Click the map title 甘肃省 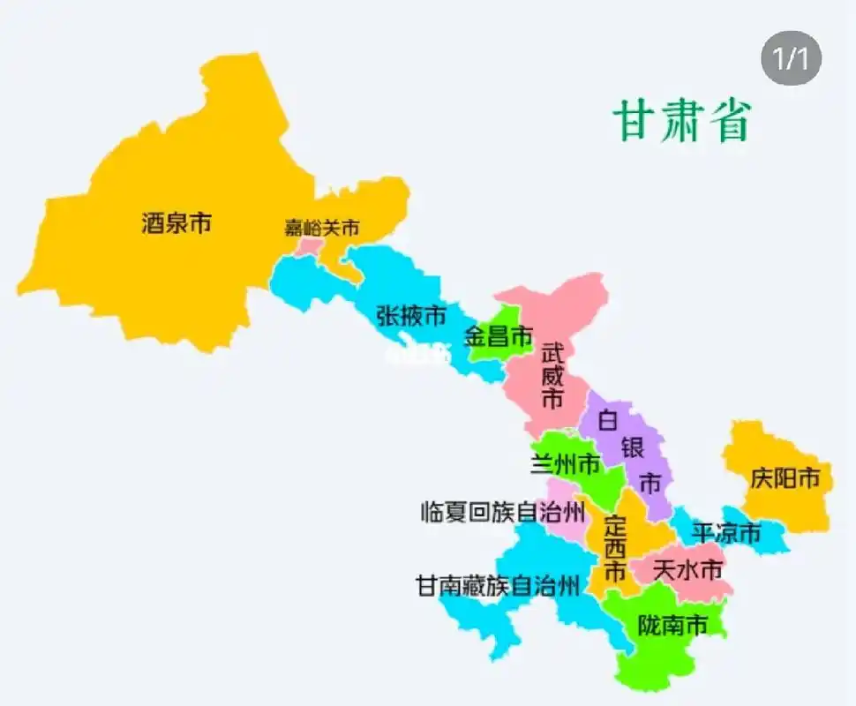(x=682, y=121)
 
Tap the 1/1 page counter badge (x=791, y=59)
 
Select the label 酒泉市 (x=176, y=223)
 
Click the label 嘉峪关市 (x=322, y=228)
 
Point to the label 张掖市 (x=411, y=315)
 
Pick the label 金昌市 (x=499, y=336)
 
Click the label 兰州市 (x=566, y=463)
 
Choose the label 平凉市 (x=726, y=533)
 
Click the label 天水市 (x=688, y=569)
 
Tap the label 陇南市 (x=673, y=626)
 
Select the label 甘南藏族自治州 (x=499, y=584)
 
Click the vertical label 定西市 (x=615, y=547)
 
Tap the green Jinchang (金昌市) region (x=494, y=349)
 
